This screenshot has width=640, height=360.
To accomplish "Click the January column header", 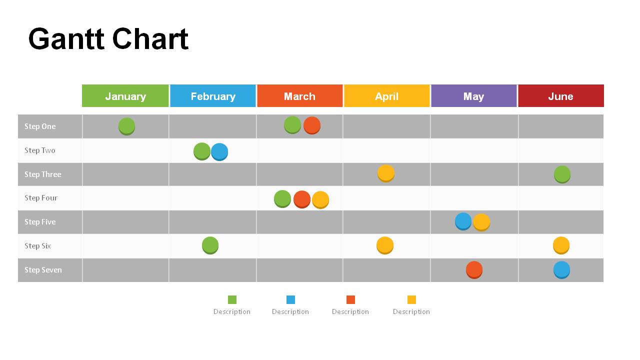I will pos(125,96).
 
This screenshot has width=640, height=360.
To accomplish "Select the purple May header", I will pos(473,96).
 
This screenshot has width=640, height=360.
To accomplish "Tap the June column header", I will pos(560,96).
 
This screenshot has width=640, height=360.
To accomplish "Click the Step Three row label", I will pos(43,174).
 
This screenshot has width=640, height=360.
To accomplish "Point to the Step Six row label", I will pos(38,246).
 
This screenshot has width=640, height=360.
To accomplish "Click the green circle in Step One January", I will pos(126,126).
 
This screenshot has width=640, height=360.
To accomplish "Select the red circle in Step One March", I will pos(311,125).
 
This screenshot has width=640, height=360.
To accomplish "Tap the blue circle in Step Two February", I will pos(219,151).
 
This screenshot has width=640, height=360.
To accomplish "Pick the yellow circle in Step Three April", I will pos(385,173).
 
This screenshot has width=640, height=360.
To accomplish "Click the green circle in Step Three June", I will pos(562,174).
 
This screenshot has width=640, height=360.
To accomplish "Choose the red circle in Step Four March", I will pos(301,199).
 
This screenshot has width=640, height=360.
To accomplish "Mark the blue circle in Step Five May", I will pos(463,221).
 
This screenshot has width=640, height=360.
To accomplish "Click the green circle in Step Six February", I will pos(210,245).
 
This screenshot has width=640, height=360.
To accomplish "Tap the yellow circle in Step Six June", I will pos(561,245).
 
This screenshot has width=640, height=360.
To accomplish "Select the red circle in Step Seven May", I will pos(474,269).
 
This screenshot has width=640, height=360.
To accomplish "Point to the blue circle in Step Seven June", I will pos(561,269).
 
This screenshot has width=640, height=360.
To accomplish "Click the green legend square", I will pos(232,299).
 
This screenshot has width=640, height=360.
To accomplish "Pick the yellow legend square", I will pos(411,299).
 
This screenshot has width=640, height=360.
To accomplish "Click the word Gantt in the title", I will pos(65,39).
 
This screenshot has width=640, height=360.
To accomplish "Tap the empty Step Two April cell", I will pos(386,150).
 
